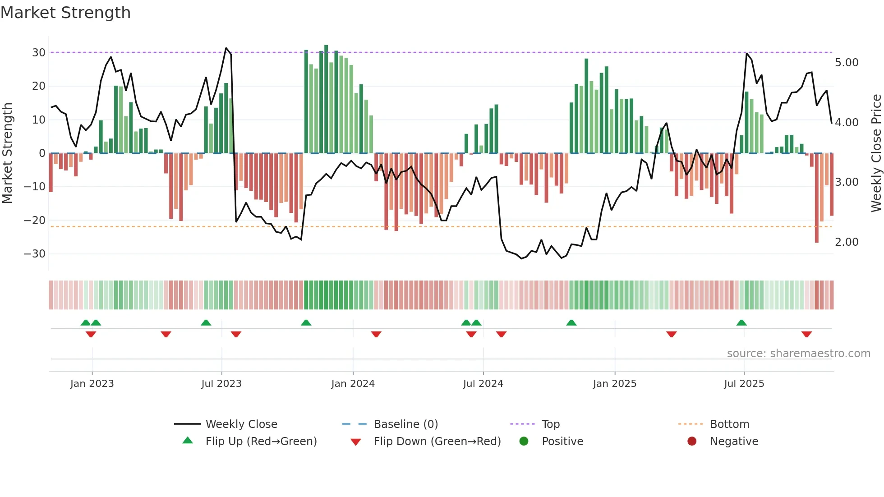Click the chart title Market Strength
coord(65,13)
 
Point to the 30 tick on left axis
coord(39,53)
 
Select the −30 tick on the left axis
coord(35,254)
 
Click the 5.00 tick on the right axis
coord(847,63)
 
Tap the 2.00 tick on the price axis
coord(847,242)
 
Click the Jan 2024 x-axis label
coord(353,384)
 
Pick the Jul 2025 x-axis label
coord(744,384)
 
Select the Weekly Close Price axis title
coord(876,153)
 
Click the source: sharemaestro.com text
coord(798,354)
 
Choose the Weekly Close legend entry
coord(241,424)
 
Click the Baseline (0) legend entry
coord(405,424)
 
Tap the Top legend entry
coord(550,424)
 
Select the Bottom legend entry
coord(729,424)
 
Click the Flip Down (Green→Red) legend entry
coord(437,442)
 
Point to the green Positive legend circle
coord(524,441)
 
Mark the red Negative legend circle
coord(692,441)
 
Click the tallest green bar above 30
coord(326,99)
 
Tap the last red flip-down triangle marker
coord(806,334)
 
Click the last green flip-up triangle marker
coord(741,322)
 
